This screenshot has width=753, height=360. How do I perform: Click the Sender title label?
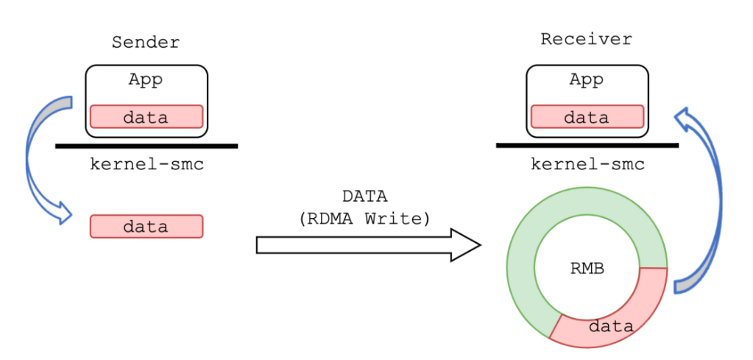(x=145, y=42)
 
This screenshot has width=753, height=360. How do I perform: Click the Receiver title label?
(x=586, y=39)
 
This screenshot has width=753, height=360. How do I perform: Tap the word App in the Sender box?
(x=146, y=80)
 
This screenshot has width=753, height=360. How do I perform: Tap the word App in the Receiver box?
(x=586, y=80)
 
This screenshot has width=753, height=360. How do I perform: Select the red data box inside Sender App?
(x=146, y=117)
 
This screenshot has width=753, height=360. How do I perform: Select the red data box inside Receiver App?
(x=587, y=117)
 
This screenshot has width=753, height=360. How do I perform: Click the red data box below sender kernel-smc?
(x=146, y=226)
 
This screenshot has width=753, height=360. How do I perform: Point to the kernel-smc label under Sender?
(x=146, y=164)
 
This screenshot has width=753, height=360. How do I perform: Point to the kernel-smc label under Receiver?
(x=587, y=164)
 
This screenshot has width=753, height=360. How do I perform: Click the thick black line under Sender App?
(x=146, y=146)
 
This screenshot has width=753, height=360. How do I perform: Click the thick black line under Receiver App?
(x=587, y=146)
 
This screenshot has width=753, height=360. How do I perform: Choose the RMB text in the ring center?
(x=587, y=269)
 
